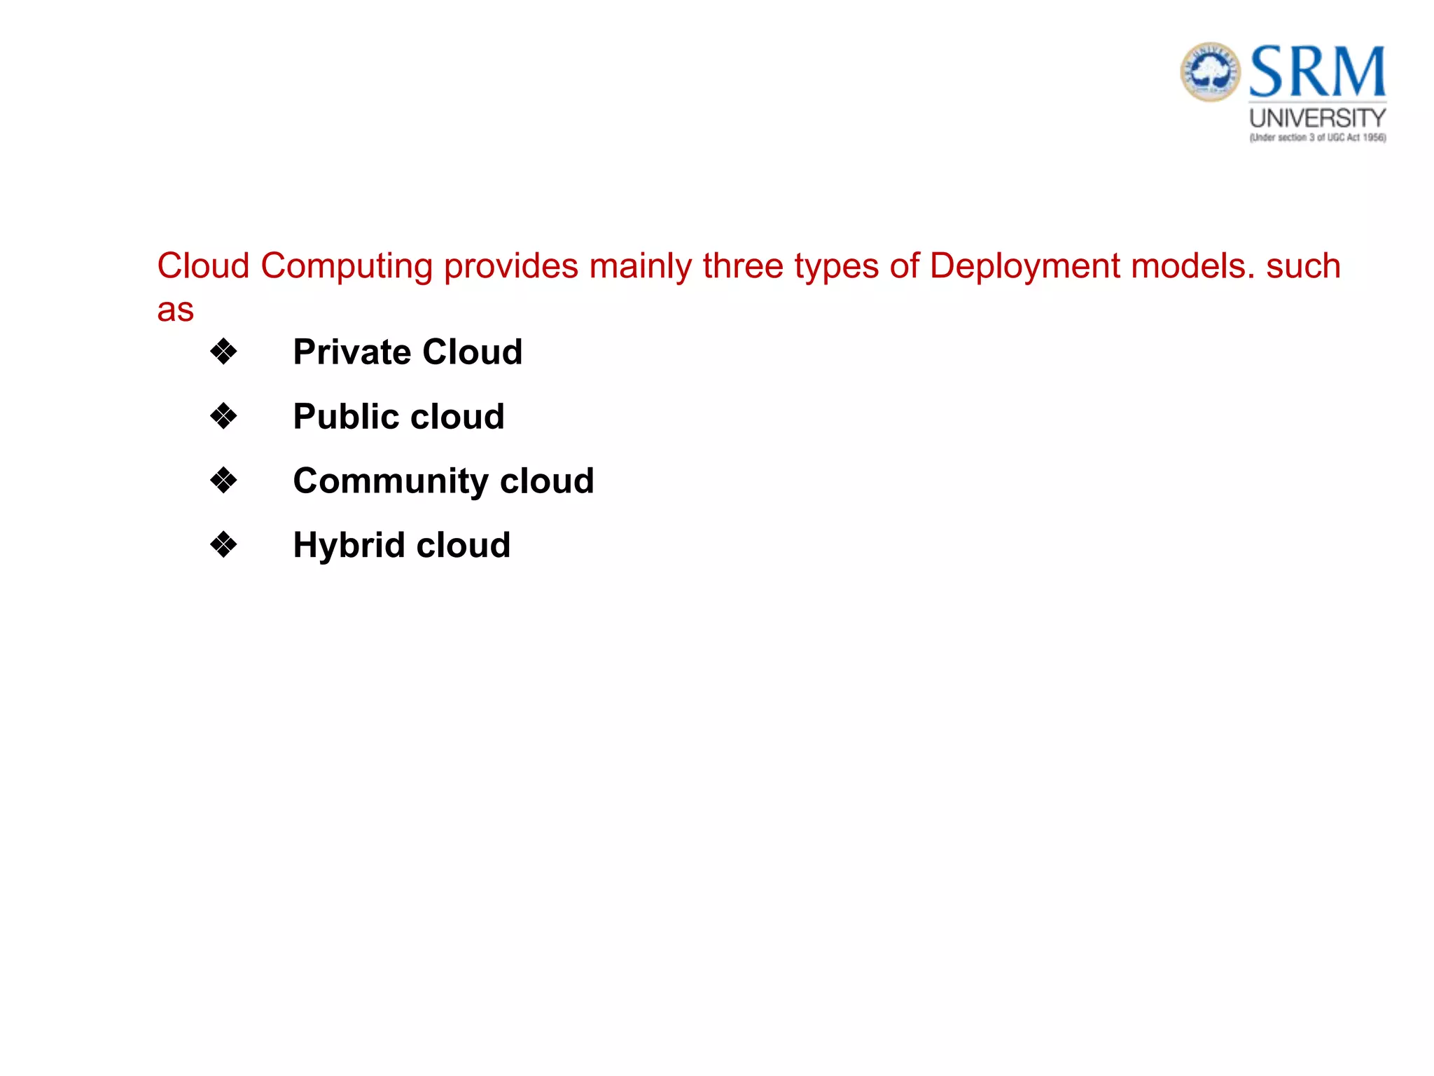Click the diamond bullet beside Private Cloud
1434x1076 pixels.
223,352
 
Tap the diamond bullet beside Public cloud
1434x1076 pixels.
223,416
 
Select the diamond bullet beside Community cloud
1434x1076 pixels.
223,481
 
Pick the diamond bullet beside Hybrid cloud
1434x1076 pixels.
223,545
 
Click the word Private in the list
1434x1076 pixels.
351,352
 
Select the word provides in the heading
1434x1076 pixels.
511,267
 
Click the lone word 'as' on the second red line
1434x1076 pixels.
175,310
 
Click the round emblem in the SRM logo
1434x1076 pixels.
1211,71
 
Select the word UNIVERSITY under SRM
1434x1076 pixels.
1318,118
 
